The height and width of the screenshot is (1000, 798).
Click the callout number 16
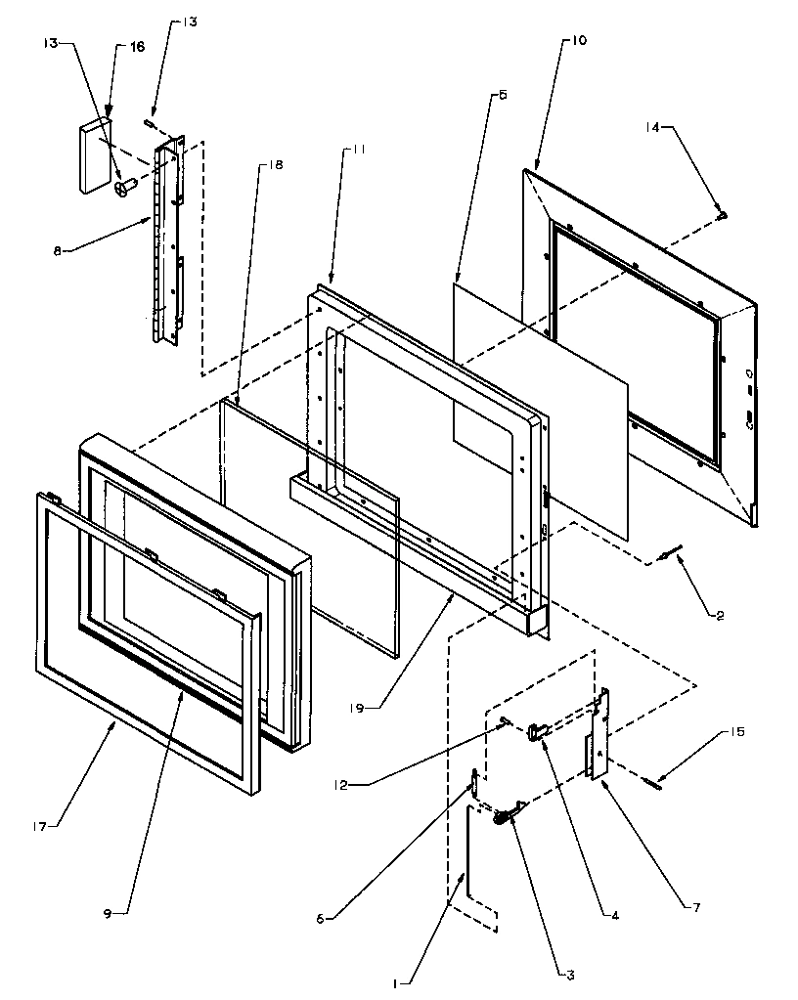point(138,46)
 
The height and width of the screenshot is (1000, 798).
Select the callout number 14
point(652,127)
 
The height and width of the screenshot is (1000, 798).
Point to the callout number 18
point(275,165)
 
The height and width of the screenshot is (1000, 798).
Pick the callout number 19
point(359,706)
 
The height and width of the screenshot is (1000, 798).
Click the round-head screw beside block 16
point(124,187)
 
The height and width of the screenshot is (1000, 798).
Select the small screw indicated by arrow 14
point(722,214)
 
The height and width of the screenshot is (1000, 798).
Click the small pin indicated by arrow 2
point(666,556)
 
